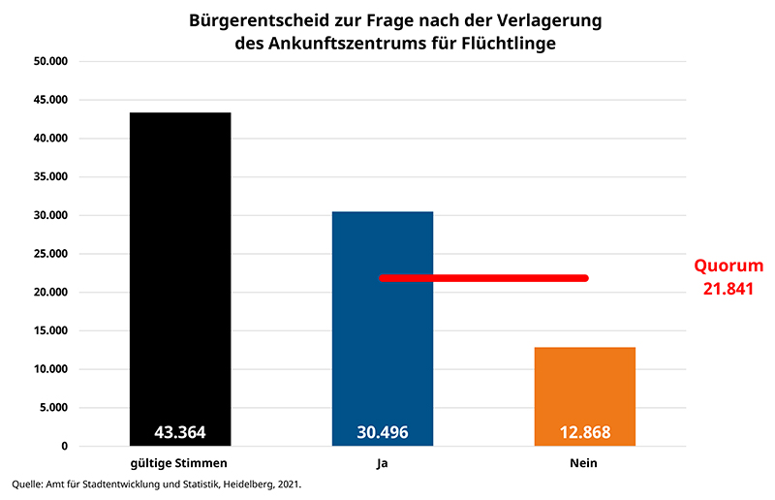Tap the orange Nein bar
(585, 388)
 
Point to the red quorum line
(484, 278)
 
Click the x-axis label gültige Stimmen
(179, 463)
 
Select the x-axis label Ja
(383, 463)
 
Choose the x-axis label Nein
(584, 463)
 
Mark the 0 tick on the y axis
(63, 447)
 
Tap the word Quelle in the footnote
(28, 484)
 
